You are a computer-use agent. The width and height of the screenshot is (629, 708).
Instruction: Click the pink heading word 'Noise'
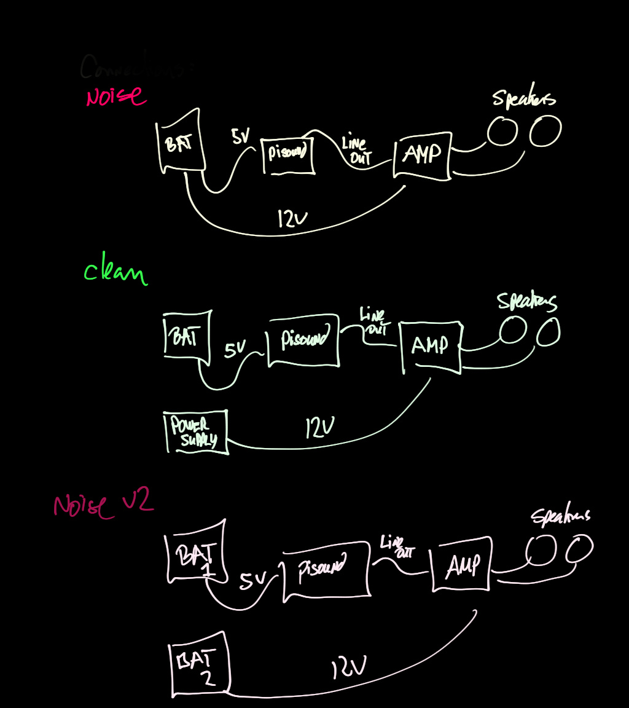[x=115, y=96]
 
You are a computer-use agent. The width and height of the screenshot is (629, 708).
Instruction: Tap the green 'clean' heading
[x=115, y=273]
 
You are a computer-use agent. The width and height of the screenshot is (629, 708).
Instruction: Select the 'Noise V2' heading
[x=102, y=506]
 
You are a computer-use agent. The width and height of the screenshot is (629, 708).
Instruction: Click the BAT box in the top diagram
[x=180, y=143]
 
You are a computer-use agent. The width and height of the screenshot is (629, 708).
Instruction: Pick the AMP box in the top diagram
[x=422, y=155]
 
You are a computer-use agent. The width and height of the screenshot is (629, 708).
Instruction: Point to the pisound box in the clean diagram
[x=303, y=341]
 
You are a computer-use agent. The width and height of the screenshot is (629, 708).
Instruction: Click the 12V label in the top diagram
[x=292, y=218]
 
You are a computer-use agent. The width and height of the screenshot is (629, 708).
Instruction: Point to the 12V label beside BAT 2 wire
[x=349, y=668]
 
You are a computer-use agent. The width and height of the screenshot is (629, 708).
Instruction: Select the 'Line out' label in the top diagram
[x=355, y=151]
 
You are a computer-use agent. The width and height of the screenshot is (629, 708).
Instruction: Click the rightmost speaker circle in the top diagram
[x=545, y=131]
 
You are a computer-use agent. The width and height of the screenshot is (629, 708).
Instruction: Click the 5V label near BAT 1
[x=253, y=581]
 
